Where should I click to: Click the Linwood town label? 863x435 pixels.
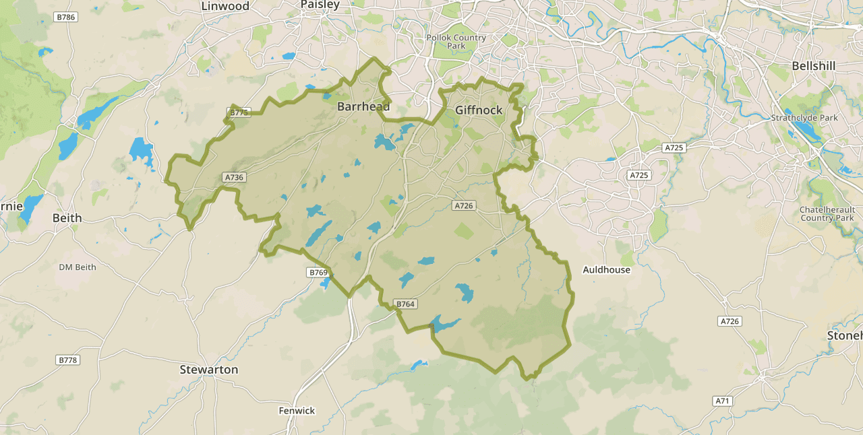225,6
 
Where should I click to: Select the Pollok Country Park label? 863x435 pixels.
456,42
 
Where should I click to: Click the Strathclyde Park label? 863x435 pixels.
804,118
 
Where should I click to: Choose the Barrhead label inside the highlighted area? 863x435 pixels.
363,107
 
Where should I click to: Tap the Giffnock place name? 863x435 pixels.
479,110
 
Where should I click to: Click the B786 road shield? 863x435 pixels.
66,17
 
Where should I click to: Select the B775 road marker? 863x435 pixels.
239,112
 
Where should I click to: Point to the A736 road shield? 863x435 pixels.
234,178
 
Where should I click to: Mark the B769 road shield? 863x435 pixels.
318,273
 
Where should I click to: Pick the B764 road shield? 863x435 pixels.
405,304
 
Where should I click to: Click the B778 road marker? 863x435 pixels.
67,360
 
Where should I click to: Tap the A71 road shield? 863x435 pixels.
723,401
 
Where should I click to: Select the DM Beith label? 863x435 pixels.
78,267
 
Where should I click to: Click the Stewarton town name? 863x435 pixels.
209,370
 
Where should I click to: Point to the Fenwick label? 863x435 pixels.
297,411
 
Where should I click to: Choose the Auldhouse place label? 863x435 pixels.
606,270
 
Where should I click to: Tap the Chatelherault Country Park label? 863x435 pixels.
827,214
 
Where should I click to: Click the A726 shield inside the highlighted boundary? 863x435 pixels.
464,206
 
